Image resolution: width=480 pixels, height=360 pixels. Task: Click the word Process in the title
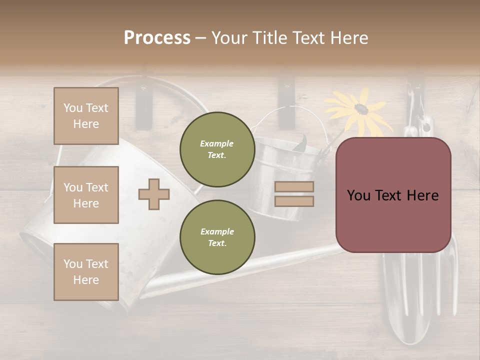click(157, 38)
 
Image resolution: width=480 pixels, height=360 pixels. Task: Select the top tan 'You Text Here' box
click(86, 116)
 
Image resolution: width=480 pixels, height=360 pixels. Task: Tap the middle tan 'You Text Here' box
click(86, 195)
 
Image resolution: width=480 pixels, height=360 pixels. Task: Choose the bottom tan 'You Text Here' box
click(86, 272)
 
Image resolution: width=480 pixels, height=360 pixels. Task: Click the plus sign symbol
click(154, 194)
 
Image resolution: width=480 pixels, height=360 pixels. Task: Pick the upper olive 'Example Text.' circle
click(217, 149)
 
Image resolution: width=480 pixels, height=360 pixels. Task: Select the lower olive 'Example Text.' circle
click(217, 237)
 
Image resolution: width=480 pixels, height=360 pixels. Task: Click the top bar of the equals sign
click(294, 186)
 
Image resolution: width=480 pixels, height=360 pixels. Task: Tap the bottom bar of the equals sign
click(294, 201)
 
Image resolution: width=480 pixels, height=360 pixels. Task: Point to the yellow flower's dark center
click(361, 108)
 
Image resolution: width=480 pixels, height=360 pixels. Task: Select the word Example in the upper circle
click(217, 143)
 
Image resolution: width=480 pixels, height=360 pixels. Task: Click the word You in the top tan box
click(73, 108)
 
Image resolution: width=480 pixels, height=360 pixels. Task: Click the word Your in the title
click(229, 38)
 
